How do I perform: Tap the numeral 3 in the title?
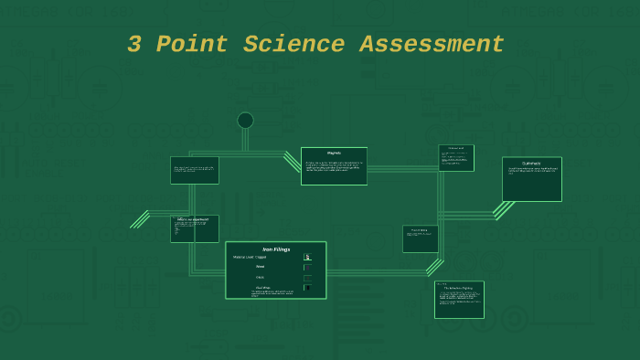click(x=134, y=45)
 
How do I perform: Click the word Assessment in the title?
click(x=432, y=45)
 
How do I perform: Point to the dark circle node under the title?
click(x=245, y=121)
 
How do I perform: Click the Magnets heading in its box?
click(x=334, y=153)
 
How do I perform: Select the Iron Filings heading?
click(x=275, y=249)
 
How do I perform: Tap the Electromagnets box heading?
click(x=531, y=163)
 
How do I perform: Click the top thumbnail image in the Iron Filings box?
click(x=307, y=257)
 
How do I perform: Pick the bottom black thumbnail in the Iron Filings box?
click(x=307, y=288)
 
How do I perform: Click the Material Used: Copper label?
click(x=250, y=258)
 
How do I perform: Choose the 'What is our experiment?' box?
click(x=194, y=228)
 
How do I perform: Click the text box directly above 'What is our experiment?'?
click(x=194, y=170)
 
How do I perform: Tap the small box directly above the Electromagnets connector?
click(x=456, y=157)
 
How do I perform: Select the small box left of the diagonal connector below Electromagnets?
click(x=421, y=238)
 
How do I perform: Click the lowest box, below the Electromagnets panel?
click(x=459, y=299)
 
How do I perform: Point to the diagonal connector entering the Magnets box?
click(x=292, y=162)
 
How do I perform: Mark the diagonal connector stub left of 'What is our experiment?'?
click(x=140, y=219)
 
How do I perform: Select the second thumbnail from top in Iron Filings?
click(x=307, y=268)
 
